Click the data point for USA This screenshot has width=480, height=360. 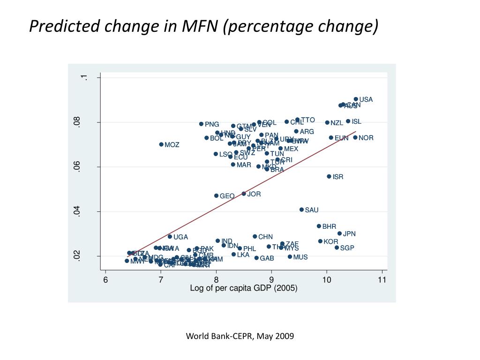coord(356,99)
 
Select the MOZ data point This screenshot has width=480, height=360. coord(161,144)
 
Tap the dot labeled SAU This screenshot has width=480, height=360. coord(301,210)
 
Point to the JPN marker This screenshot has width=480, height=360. coord(339,233)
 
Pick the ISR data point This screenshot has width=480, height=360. coord(329,177)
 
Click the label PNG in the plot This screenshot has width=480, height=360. coord(212,124)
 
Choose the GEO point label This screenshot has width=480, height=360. coord(227,196)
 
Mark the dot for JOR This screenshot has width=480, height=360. coord(244,194)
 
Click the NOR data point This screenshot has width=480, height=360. coord(355,137)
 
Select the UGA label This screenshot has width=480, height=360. coord(180,237)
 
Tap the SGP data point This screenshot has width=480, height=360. coord(337,247)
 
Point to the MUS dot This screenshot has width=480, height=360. coord(290,256)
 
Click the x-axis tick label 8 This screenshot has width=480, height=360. coord(216,280)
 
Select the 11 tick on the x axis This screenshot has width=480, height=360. coord(382,280)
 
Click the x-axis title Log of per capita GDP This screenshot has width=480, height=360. coord(243,288)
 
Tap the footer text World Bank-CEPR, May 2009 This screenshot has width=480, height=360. coord(240,336)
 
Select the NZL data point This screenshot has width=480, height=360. coord(327,122)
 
